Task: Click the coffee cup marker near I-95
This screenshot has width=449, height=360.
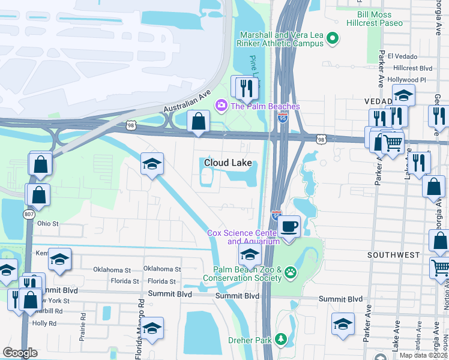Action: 289,227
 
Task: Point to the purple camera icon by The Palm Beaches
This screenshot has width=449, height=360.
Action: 221,106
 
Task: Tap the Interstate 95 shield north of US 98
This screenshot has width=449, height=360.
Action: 282,118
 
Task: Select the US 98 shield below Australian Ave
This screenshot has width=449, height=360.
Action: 139,125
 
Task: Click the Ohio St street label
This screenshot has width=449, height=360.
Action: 47,224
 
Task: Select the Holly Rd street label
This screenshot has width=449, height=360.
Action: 44,323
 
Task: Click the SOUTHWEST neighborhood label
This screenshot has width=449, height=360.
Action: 394,255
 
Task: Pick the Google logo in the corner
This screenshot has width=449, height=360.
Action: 20,353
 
